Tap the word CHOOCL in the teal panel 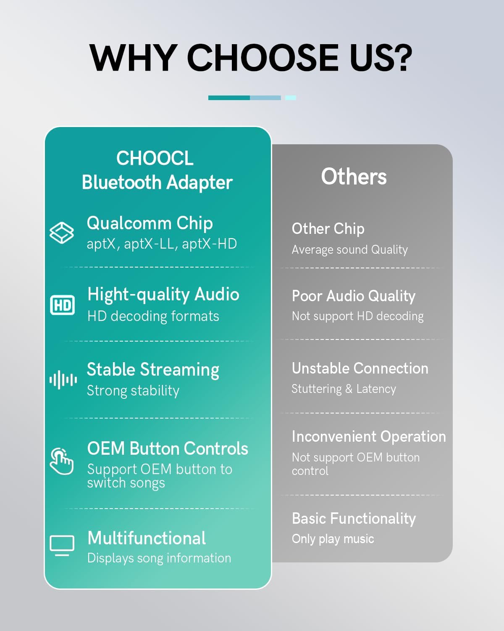coord(155,159)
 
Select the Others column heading coord(354,176)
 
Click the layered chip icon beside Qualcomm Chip coord(62,233)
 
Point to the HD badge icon coord(62,305)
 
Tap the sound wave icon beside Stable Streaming coord(63,380)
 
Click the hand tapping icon coord(61,461)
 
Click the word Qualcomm coord(129,223)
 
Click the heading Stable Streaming coord(153,370)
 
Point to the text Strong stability coord(133,391)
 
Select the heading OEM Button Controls coord(168,448)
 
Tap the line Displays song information coord(159,558)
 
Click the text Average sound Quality coord(349,249)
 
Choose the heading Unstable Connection coord(360,369)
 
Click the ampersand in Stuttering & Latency coord(349,389)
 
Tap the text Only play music coord(333,539)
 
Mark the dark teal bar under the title coord(229,98)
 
